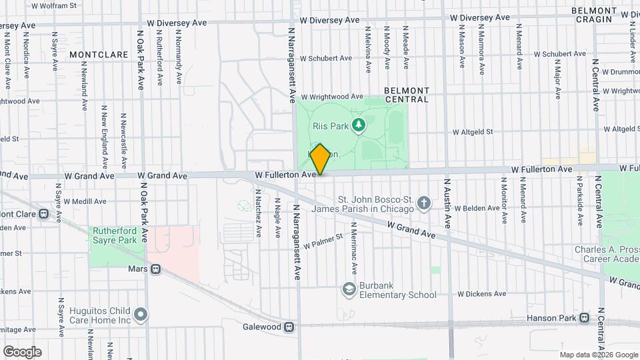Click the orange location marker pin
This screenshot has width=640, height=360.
pos(320,159)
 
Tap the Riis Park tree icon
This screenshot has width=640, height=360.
pos(359,124)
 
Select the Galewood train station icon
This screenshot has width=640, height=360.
pos(289,327)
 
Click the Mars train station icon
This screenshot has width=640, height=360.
pos(155,269)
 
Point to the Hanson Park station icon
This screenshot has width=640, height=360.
pos(585,318)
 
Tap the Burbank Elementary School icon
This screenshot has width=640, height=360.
pos(349,289)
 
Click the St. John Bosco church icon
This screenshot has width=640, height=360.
pos(424,203)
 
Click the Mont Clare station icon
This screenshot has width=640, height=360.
pos(44,214)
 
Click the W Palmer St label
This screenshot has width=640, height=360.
pos(323,241)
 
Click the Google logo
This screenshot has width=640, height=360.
pos(22,352)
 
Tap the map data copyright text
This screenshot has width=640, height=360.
pos(598,355)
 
